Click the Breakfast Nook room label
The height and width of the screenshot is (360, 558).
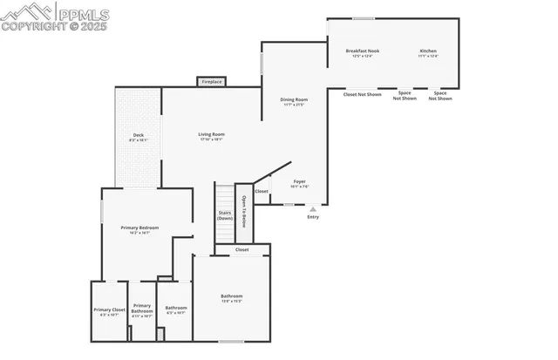click(x=362, y=51)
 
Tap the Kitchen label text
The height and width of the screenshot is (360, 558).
click(x=428, y=51)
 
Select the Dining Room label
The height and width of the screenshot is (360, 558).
click(x=294, y=99)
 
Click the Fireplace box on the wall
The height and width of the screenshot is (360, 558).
click(x=212, y=82)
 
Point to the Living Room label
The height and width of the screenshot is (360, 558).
click(x=212, y=134)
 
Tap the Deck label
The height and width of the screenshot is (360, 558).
click(x=137, y=135)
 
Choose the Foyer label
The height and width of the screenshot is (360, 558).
click(x=299, y=182)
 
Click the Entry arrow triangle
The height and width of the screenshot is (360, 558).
click(x=313, y=209)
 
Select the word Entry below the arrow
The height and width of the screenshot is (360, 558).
click(x=313, y=217)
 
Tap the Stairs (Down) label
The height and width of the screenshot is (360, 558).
click(x=224, y=214)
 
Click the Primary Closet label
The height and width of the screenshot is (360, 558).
click(x=110, y=310)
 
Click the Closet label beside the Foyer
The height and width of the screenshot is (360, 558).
click(x=262, y=191)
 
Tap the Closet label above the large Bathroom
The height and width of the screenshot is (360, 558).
click(x=242, y=250)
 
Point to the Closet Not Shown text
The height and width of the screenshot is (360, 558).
click(x=362, y=94)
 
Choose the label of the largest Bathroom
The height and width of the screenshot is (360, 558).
click(x=231, y=298)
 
